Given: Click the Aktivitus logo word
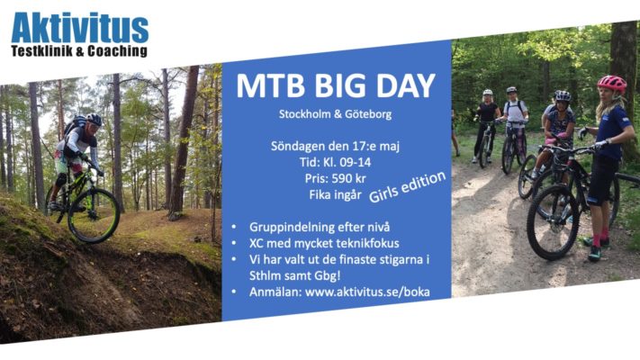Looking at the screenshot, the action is [x=79, y=28].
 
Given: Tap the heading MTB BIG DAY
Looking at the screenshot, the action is [x=336, y=85].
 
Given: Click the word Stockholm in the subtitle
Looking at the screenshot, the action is [x=305, y=114].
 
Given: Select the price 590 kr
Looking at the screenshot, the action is [x=348, y=178].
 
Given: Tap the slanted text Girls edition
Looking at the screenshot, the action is [x=407, y=186].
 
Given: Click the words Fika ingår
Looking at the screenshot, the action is [x=335, y=195].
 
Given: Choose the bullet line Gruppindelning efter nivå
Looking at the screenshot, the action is [x=320, y=228].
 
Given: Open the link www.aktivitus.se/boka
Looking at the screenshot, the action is [x=367, y=292].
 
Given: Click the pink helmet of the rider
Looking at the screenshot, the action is [x=612, y=84].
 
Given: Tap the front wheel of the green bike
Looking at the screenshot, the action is [x=94, y=216].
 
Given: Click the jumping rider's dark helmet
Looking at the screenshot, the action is [x=94, y=120].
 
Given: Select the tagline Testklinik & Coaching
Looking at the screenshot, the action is [x=79, y=51].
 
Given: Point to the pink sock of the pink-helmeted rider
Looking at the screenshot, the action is [x=596, y=239].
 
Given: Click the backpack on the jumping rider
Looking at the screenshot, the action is [x=75, y=124].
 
